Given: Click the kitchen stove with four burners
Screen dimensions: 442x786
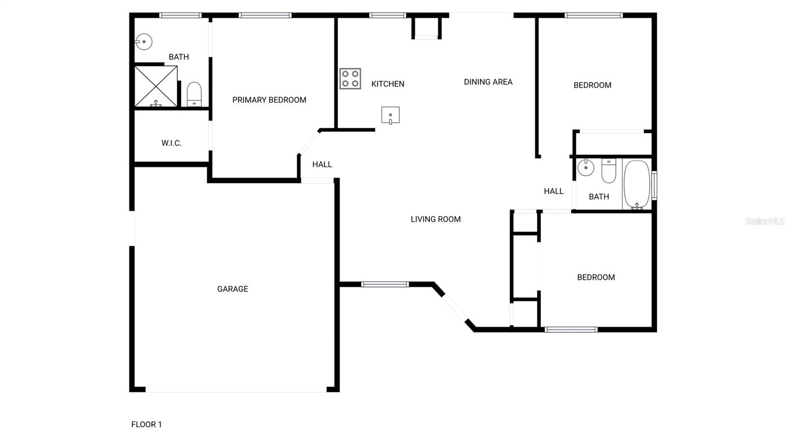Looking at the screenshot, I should click(x=350, y=79).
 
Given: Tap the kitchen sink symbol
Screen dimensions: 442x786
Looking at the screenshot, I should click(x=391, y=116).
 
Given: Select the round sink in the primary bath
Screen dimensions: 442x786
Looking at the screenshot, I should click(x=144, y=42).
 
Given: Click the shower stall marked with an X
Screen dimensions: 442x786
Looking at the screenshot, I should click(x=156, y=86).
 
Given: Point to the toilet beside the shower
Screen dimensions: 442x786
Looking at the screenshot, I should click(x=194, y=94).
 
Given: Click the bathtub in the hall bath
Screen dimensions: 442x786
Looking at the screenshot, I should click(x=637, y=184).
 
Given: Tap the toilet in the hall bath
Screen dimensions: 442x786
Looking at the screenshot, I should click(x=609, y=170).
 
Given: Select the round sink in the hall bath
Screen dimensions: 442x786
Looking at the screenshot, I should click(x=586, y=168).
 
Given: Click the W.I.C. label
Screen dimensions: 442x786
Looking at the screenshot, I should click(x=171, y=143).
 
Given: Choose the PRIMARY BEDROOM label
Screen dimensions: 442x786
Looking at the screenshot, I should click(x=269, y=100).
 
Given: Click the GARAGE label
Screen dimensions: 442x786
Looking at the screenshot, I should click(x=232, y=289).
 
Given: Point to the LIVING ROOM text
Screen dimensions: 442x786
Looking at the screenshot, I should click(x=436, y=219).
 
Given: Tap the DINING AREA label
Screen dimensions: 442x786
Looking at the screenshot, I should click(x=488, y=82).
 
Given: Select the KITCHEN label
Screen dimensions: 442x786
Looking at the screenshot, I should click(x=388, y=84).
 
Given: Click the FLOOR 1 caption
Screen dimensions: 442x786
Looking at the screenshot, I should click(x=146, y=424).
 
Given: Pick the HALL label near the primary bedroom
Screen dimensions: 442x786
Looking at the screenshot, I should click(x=322, y=164).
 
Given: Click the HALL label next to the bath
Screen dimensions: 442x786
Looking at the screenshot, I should click(x=554, y=191).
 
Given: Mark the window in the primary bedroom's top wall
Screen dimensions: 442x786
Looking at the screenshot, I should click(x=265, y=15).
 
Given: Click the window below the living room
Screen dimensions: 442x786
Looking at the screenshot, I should click(x=385, y=284).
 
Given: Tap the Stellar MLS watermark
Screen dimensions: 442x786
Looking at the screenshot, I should click(x=764, y=221).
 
